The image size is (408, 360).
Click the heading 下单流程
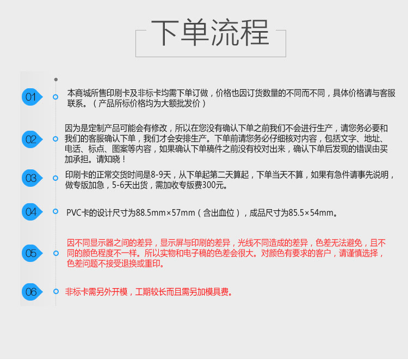tap(210, 33)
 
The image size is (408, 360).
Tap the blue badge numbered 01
tap(32, 97)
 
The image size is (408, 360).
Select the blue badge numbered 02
tap(32, 139)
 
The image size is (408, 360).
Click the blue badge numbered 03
tap(32, 178)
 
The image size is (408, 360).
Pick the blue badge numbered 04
tap(32, 212)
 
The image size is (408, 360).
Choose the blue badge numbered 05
tap(32, 253)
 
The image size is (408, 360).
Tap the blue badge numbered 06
tap(32, 292)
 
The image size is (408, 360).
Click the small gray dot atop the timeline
tap(56, 80)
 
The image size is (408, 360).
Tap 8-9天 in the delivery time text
tap(161, 175)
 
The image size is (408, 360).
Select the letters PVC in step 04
tap(74, 213)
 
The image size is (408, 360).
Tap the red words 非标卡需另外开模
tap(96, 292)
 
